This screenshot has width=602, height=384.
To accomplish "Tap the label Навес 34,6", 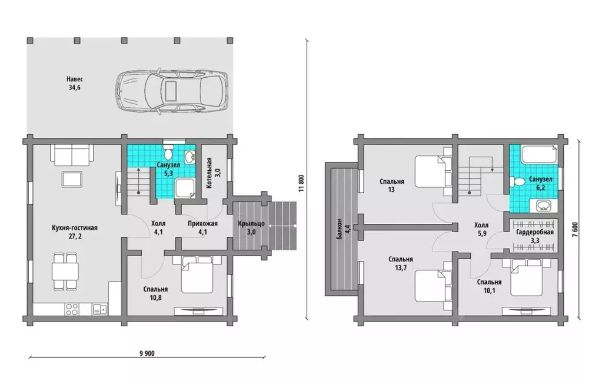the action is [75, 83].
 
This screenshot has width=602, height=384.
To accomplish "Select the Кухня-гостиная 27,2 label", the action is [75, 232].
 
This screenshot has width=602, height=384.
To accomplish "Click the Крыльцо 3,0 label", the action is [251, 227].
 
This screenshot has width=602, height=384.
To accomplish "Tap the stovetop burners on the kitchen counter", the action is [72, 309].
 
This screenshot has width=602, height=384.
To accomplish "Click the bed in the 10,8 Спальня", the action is [197, 274].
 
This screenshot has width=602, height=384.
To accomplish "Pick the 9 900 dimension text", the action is [147, 353].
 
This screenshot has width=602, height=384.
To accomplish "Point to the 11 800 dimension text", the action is [301, 183].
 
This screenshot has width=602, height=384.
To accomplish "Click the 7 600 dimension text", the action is [575, 230].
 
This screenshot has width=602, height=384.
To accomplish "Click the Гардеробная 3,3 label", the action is [535, 236].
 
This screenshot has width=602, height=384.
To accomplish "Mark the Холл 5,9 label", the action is [481, 229].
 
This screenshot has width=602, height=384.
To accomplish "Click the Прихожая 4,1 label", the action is [202, 227].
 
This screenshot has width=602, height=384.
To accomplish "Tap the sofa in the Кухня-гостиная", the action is [71, 153].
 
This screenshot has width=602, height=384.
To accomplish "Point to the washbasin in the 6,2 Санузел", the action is [543, 206].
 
